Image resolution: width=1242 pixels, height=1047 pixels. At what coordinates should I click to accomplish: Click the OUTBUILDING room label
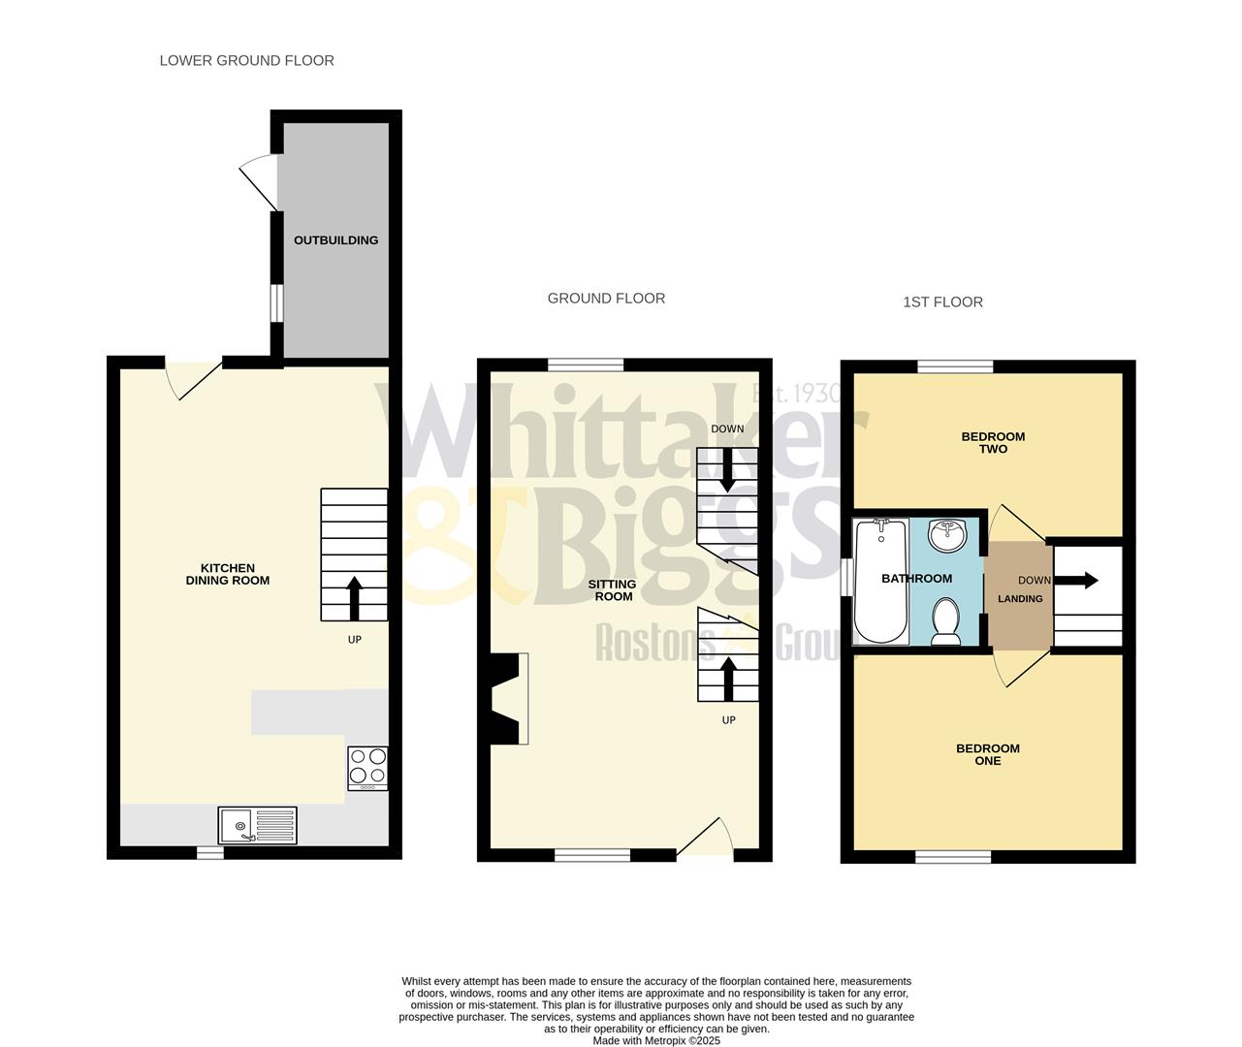[x=335, y=240]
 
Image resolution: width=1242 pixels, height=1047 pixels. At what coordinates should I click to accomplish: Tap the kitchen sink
[x=257, y=825]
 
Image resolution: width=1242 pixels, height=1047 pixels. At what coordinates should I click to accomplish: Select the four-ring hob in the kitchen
[x=367, y=767]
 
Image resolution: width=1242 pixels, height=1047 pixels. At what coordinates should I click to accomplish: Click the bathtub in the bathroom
[x=880, y=581]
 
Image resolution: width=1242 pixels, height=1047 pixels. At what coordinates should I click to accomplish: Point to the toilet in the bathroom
[x=944, y=620]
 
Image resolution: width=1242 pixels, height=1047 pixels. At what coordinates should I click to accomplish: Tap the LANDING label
[x=1020, y=599]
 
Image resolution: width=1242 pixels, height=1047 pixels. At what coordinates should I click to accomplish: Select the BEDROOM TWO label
[x=993, y=443]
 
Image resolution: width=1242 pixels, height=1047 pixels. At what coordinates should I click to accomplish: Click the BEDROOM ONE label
[x=988, y=754]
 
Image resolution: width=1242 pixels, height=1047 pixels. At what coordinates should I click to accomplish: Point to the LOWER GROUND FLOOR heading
[x=246, y=60]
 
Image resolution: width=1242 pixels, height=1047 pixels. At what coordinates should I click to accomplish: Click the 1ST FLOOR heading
[x=942, y=302]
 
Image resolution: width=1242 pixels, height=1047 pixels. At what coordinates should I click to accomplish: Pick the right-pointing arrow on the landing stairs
[x=1078, y=581]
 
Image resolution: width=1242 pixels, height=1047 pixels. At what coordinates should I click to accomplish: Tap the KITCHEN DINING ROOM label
[x=227, y=574]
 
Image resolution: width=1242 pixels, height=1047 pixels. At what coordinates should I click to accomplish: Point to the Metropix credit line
[x=656, y=1041]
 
